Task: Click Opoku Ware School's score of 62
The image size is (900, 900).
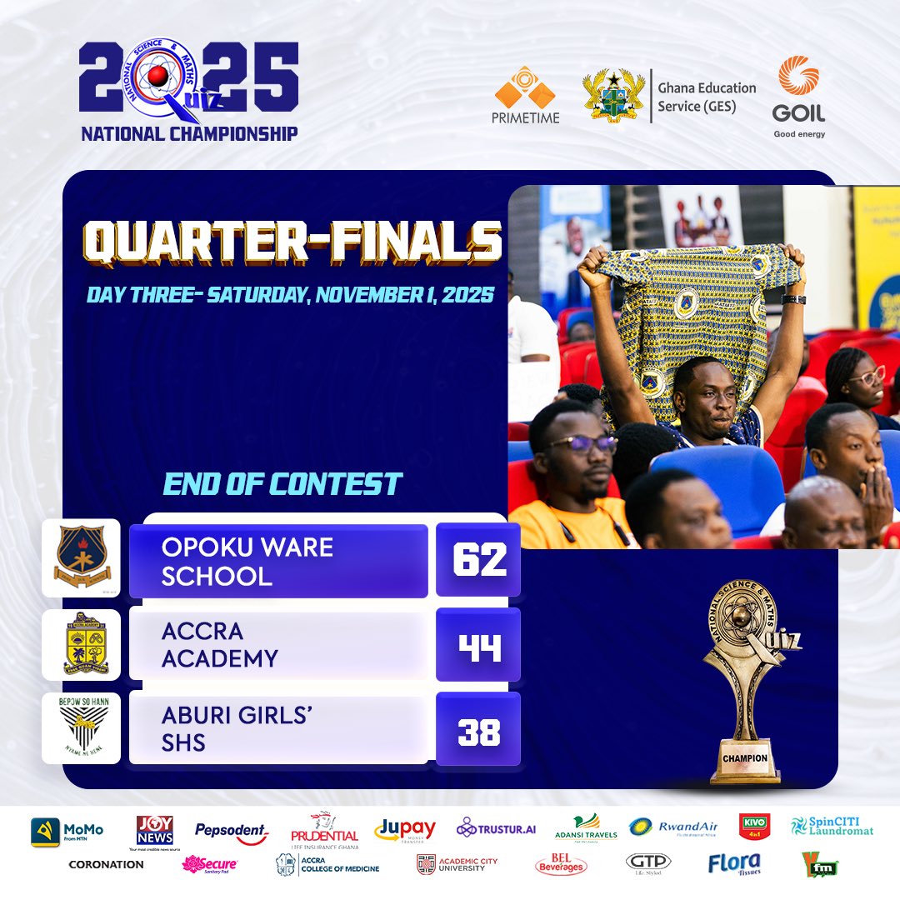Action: (x=478, y=560)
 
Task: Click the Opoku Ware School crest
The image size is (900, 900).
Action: (x=81, y=557)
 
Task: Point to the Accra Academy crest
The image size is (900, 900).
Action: (x=81, y=644)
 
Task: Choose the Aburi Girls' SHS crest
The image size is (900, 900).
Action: (x=81, y=728)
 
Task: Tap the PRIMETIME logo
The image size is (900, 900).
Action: (x=526, y=95)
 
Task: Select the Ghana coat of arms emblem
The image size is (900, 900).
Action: (x=615, y=96)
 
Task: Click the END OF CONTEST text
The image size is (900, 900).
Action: (x=282, y=484)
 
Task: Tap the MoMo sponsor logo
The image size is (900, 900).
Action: (x=67, y=831)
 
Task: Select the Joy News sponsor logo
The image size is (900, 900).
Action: (x=155, y=830)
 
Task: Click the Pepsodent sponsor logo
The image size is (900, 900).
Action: (x=232, y=831)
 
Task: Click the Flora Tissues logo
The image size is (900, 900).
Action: (x=734, y=864)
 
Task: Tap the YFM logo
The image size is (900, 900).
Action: (x=819, y=864)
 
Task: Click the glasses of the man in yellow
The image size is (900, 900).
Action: (x=581, y=443)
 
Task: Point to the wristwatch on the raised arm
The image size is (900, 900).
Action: (x=793, y=298)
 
